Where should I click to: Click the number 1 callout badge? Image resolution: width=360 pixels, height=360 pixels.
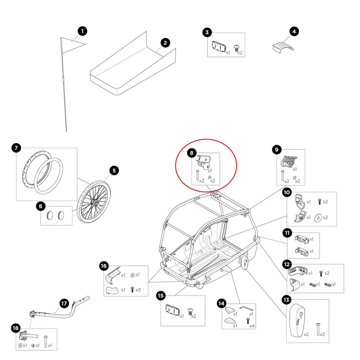tap(82, 31)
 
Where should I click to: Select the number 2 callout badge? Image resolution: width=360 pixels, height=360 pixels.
tap(165, 43)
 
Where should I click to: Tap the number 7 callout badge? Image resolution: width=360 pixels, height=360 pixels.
tap(16, 148)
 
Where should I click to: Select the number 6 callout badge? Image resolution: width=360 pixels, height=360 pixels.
tap(40, 206)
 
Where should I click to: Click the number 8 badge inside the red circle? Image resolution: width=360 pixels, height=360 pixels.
tap(192, 153)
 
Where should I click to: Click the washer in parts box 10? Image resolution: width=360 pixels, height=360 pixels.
tap(317, 217)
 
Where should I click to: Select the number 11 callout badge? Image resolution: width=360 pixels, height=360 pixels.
tap(287, 232)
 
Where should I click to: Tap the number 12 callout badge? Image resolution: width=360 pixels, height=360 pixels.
tap(287, 264)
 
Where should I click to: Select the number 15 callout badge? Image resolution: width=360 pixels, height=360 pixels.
tap(161, 296)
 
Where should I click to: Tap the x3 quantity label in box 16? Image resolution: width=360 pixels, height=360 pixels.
tap(138, 290)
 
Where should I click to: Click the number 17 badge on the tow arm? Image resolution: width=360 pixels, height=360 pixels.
tap(64, 303)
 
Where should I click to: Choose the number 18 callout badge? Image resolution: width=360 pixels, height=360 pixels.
tap(16, 328)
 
